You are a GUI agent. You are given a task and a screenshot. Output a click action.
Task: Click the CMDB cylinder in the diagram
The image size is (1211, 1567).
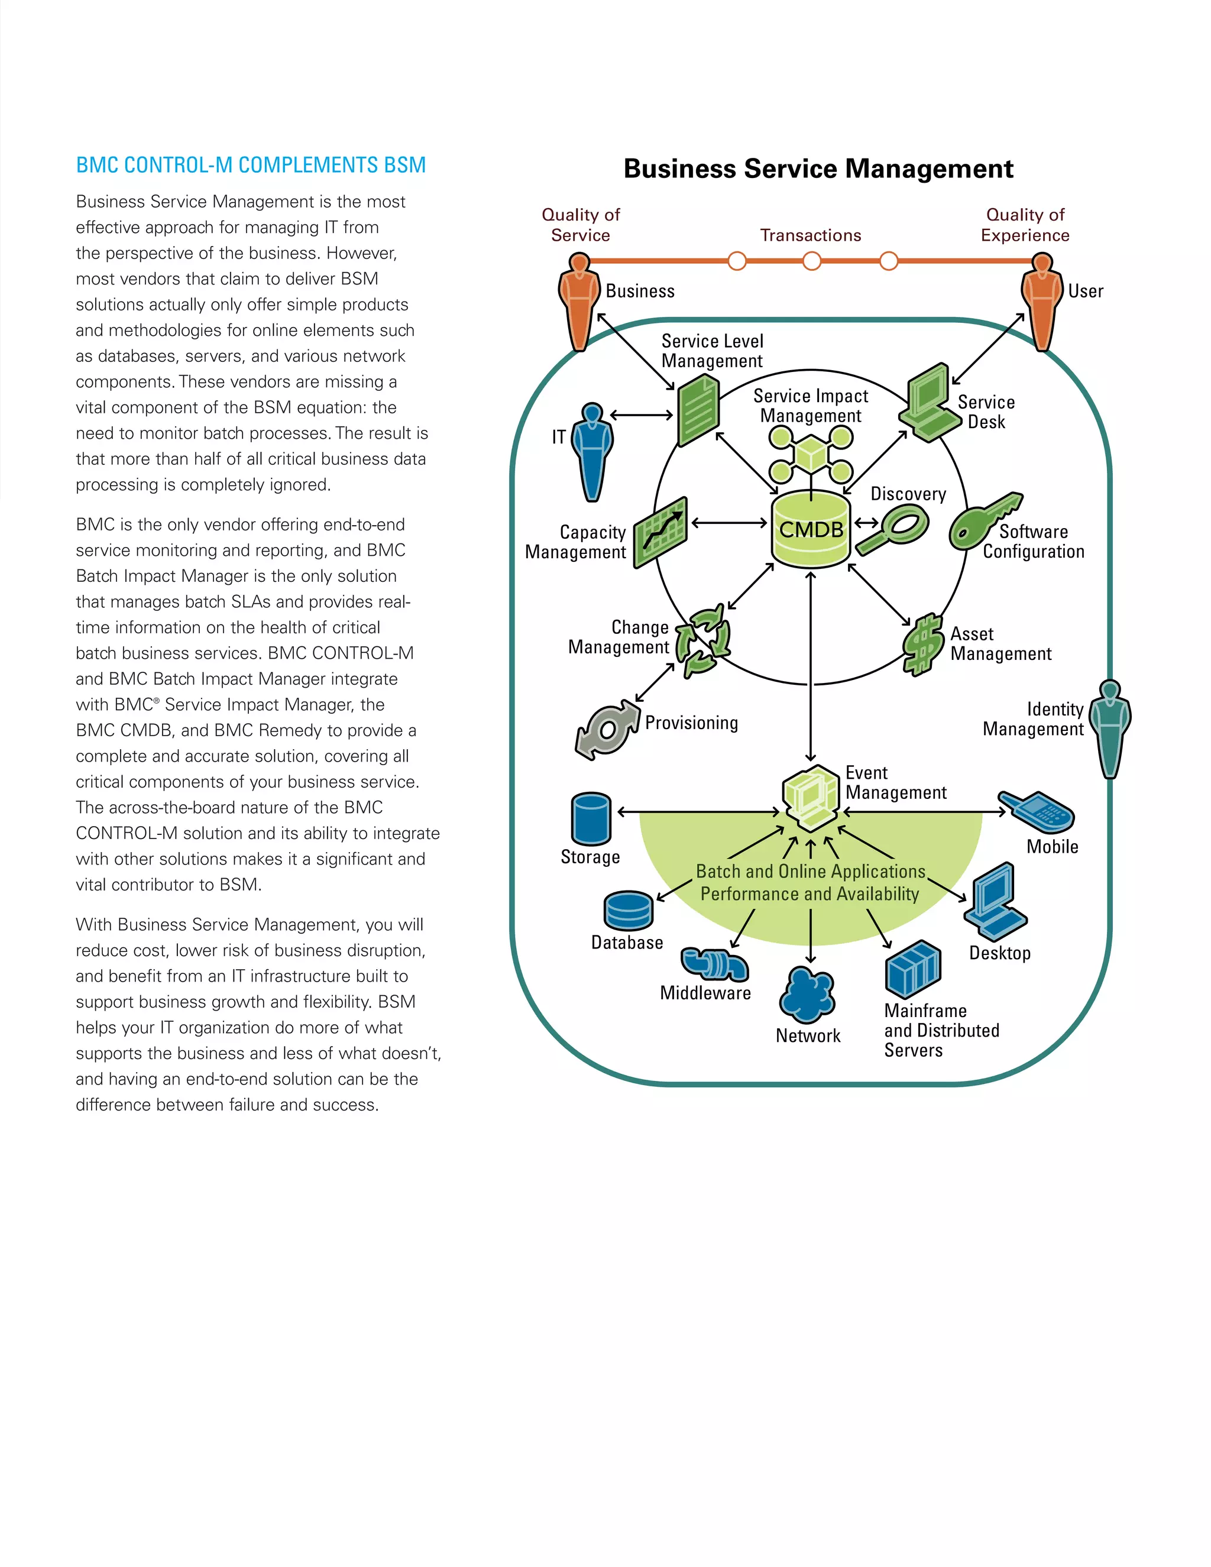point(811,531)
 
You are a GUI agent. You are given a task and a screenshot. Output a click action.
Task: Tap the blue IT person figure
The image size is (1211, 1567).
point(592,452)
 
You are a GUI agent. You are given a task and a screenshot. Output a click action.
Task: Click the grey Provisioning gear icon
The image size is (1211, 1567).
point(607,730)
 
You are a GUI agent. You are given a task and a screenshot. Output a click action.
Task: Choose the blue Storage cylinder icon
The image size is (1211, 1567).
point(591,820)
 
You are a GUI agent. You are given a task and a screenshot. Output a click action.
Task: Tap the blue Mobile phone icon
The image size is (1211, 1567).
point(1037,811)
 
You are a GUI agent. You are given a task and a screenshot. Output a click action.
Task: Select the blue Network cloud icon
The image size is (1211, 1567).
point(808,995)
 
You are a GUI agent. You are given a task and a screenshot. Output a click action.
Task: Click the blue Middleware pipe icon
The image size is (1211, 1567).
point(714,964)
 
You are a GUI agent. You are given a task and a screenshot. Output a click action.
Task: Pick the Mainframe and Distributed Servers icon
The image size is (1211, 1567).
point(912,969)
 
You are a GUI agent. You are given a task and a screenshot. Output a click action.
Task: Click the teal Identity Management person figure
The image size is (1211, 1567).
point(1110,729)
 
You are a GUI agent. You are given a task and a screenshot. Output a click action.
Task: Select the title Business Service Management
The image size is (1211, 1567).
point(818,169)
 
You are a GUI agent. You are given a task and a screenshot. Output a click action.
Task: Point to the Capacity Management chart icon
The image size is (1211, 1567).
point(660,532)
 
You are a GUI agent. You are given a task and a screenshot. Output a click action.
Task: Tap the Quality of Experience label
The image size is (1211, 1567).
point(1025,225)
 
